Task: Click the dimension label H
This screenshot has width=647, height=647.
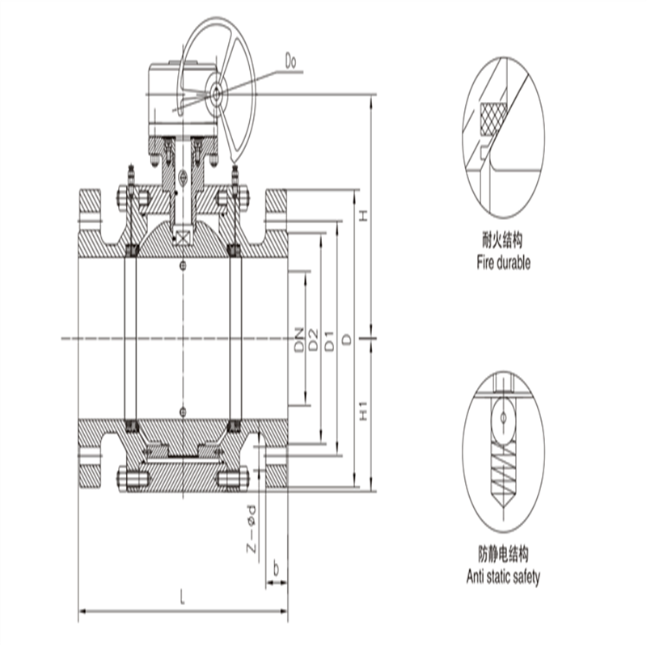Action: (x=363, y=215)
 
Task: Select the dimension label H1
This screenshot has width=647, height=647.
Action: (x=363, y=412)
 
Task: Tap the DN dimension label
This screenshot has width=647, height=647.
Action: (x=299, y=340)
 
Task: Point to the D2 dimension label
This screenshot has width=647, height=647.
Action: (x=314, y=340)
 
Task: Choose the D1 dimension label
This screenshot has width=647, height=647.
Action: (x=330, y=340)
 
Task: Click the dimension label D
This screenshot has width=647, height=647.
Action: (x=346, y=340)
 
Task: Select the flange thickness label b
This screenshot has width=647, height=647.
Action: (x=277, y=569)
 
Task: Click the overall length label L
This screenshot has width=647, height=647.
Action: (x=183, y=599)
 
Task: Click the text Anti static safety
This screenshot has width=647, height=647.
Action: (x=503, y=577)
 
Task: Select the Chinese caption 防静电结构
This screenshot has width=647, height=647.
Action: (x=503, y=555)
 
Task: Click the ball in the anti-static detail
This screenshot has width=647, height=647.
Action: (x=503, y=419)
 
